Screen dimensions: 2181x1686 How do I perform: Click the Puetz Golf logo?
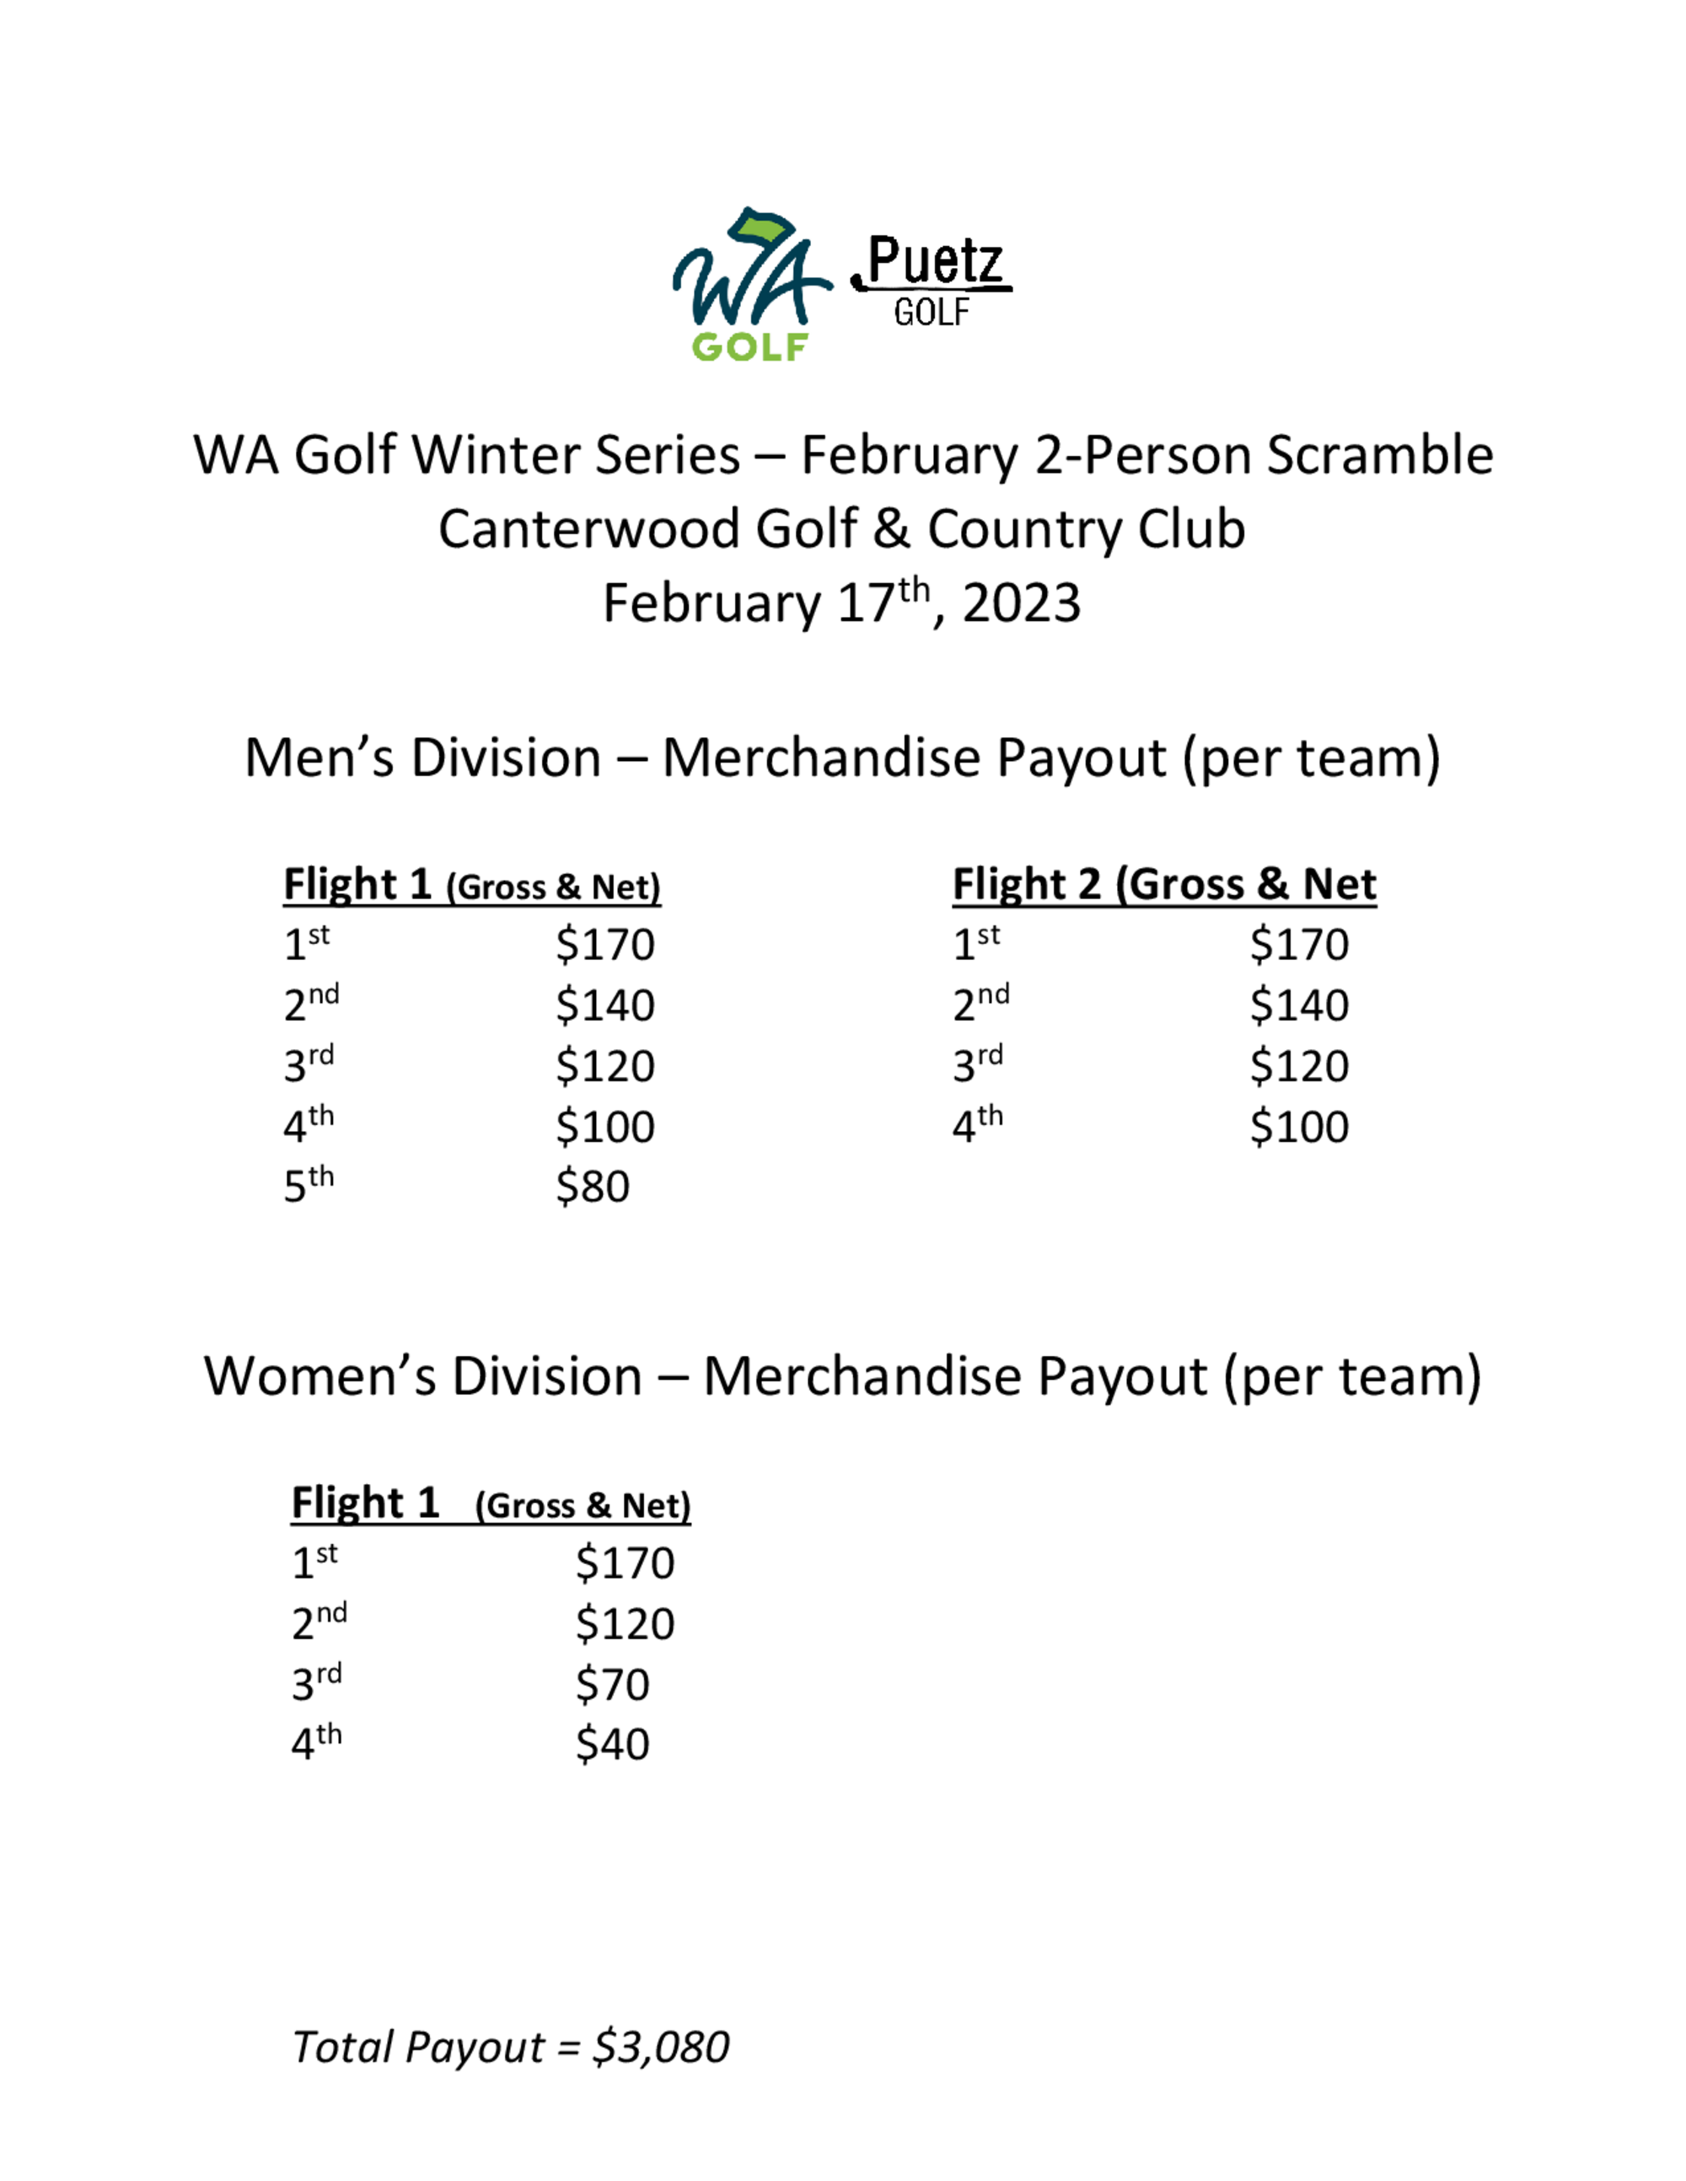click(x=932, y=281)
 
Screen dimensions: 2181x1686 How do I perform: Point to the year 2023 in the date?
click(x=1021, y=604)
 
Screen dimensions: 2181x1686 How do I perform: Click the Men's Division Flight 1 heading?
click(x=471, y=885)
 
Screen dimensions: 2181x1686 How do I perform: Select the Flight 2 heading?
click(x=1163, y=885)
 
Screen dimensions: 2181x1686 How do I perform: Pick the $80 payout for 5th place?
click(x=593, y=1187)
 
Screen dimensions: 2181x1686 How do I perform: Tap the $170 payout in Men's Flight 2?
click(x=1298, y=945)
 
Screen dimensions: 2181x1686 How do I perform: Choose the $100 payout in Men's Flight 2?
click(x=1298, y=1127)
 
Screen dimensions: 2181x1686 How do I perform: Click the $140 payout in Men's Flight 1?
click(x=605, y=1005)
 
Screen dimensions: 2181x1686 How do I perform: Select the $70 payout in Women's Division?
click(x=612, y=1685)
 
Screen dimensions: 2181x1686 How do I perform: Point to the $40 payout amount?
click(x=612, y=1744)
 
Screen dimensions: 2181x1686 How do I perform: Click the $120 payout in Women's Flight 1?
click(x=626, y=1624)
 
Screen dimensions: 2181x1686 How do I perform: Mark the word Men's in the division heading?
click(x=319, y=758)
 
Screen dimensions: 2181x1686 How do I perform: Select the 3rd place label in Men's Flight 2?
click(x=978, y=1064)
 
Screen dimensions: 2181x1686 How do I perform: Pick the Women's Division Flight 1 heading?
click(x=491, y=1503)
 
